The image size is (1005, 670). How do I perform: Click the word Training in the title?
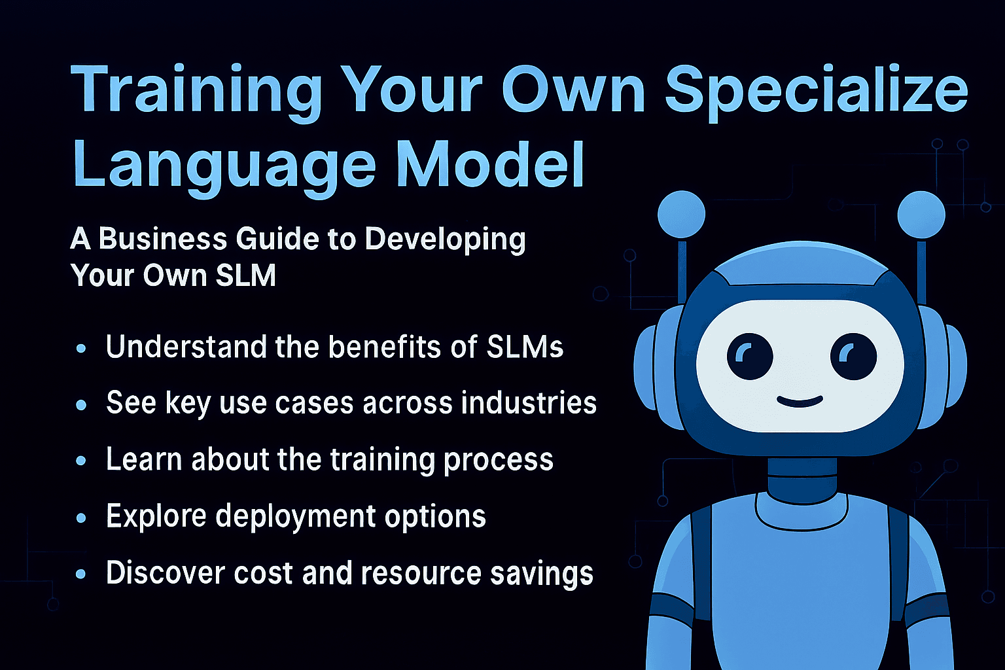pyautogui.click(x=196, y=92)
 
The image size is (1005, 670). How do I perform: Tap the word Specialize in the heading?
pyautogui.click(x=816, y=92)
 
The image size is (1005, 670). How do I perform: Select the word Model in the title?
pyautogui.click(x=490, y=164)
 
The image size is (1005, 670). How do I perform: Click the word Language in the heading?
pyautogui.click(x=224, y=169)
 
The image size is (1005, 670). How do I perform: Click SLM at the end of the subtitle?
pyautogui.click(x=245, y=275)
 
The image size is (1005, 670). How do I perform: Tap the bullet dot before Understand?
pyautogui.click(x=81, y=348)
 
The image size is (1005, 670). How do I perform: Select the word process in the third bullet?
pyautogui.click(x=498, y=461)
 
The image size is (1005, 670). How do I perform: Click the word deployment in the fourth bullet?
pyautogui.click(x=296, y=517)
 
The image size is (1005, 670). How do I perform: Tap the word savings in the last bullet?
pyautogui.click(x=542, y=575)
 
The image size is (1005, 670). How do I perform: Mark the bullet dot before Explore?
pyautogui.click(x=81, y=518)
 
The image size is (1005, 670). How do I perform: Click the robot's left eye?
pyautogui.click(x=750, y=357)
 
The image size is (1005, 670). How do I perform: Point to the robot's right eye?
pyautogui.click(x=853, y=357)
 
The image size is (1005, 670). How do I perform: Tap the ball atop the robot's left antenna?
pyautogui.click(x=681, y=214)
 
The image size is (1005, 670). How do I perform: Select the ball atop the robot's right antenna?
pyautogui.click(x=921, y=215)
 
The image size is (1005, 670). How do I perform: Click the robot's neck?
pyautogui.click(x=802, y=478)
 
